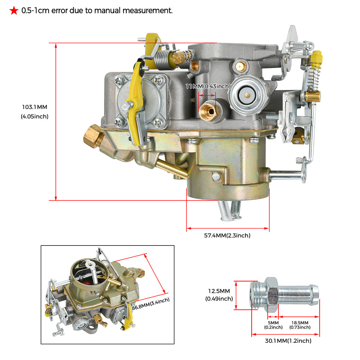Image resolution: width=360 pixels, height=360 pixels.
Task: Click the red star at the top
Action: [x=14, y=11]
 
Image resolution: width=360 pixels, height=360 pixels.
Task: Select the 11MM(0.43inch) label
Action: [x=208, y=86]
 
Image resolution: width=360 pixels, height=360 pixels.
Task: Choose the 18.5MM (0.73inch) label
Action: [x=300, y=325]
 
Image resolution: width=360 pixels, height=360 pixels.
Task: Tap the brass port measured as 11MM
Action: [x=208, y=109]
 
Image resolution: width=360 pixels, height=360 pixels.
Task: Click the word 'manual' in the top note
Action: [x=115, y=11]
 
